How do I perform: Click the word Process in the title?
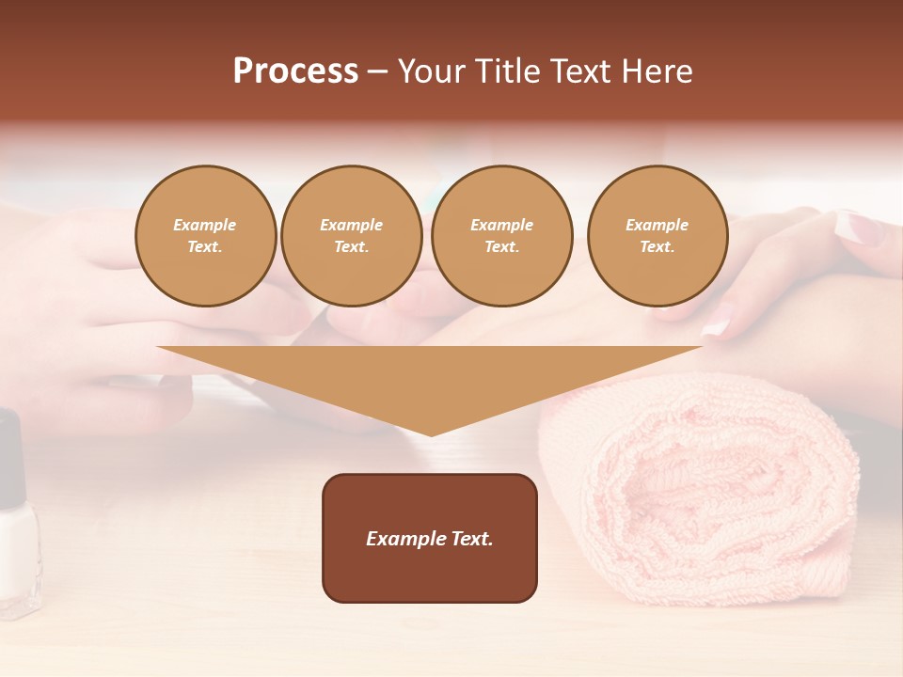[295, 71]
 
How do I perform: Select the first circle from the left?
[206, 236]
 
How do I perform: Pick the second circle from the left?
[352, 236]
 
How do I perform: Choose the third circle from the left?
[502, 236]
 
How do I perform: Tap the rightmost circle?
[657, 236]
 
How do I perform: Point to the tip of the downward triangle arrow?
[431, 433]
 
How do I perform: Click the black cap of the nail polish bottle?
[11, 451]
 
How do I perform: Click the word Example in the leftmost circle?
[205, 225]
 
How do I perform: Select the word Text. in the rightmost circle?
[657, 247]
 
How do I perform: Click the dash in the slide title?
[378, 71]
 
